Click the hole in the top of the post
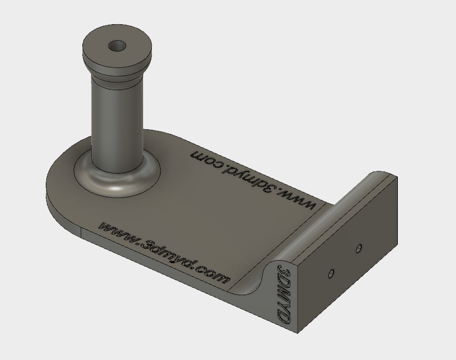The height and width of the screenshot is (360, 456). (117, 46)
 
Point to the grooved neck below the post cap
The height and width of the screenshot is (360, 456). (117, 78)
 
